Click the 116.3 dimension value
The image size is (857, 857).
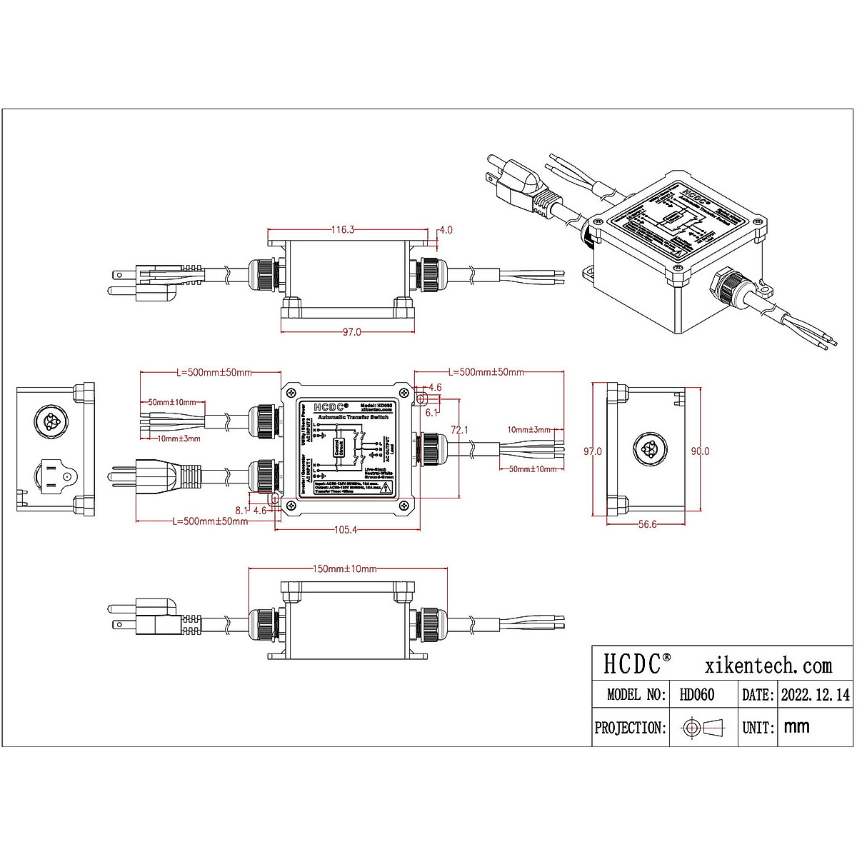point(343,230)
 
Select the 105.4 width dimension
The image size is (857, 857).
point(346,529)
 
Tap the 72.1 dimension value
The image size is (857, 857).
point(459,430)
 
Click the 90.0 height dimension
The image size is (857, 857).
point(700,451)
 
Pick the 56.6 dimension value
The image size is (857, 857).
point(647,524)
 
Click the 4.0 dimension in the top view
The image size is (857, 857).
point(446,230)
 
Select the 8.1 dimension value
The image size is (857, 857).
point(241,510)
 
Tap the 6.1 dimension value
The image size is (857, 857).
point(431,413)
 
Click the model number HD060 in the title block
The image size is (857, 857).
point(696,694)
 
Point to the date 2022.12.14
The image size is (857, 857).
point(815,694)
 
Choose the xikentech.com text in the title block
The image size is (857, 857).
point(768,666)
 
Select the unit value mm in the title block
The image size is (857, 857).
point(796,727)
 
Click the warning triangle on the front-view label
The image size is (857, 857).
point(386,488)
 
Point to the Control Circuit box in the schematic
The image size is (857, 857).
point(339,448)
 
